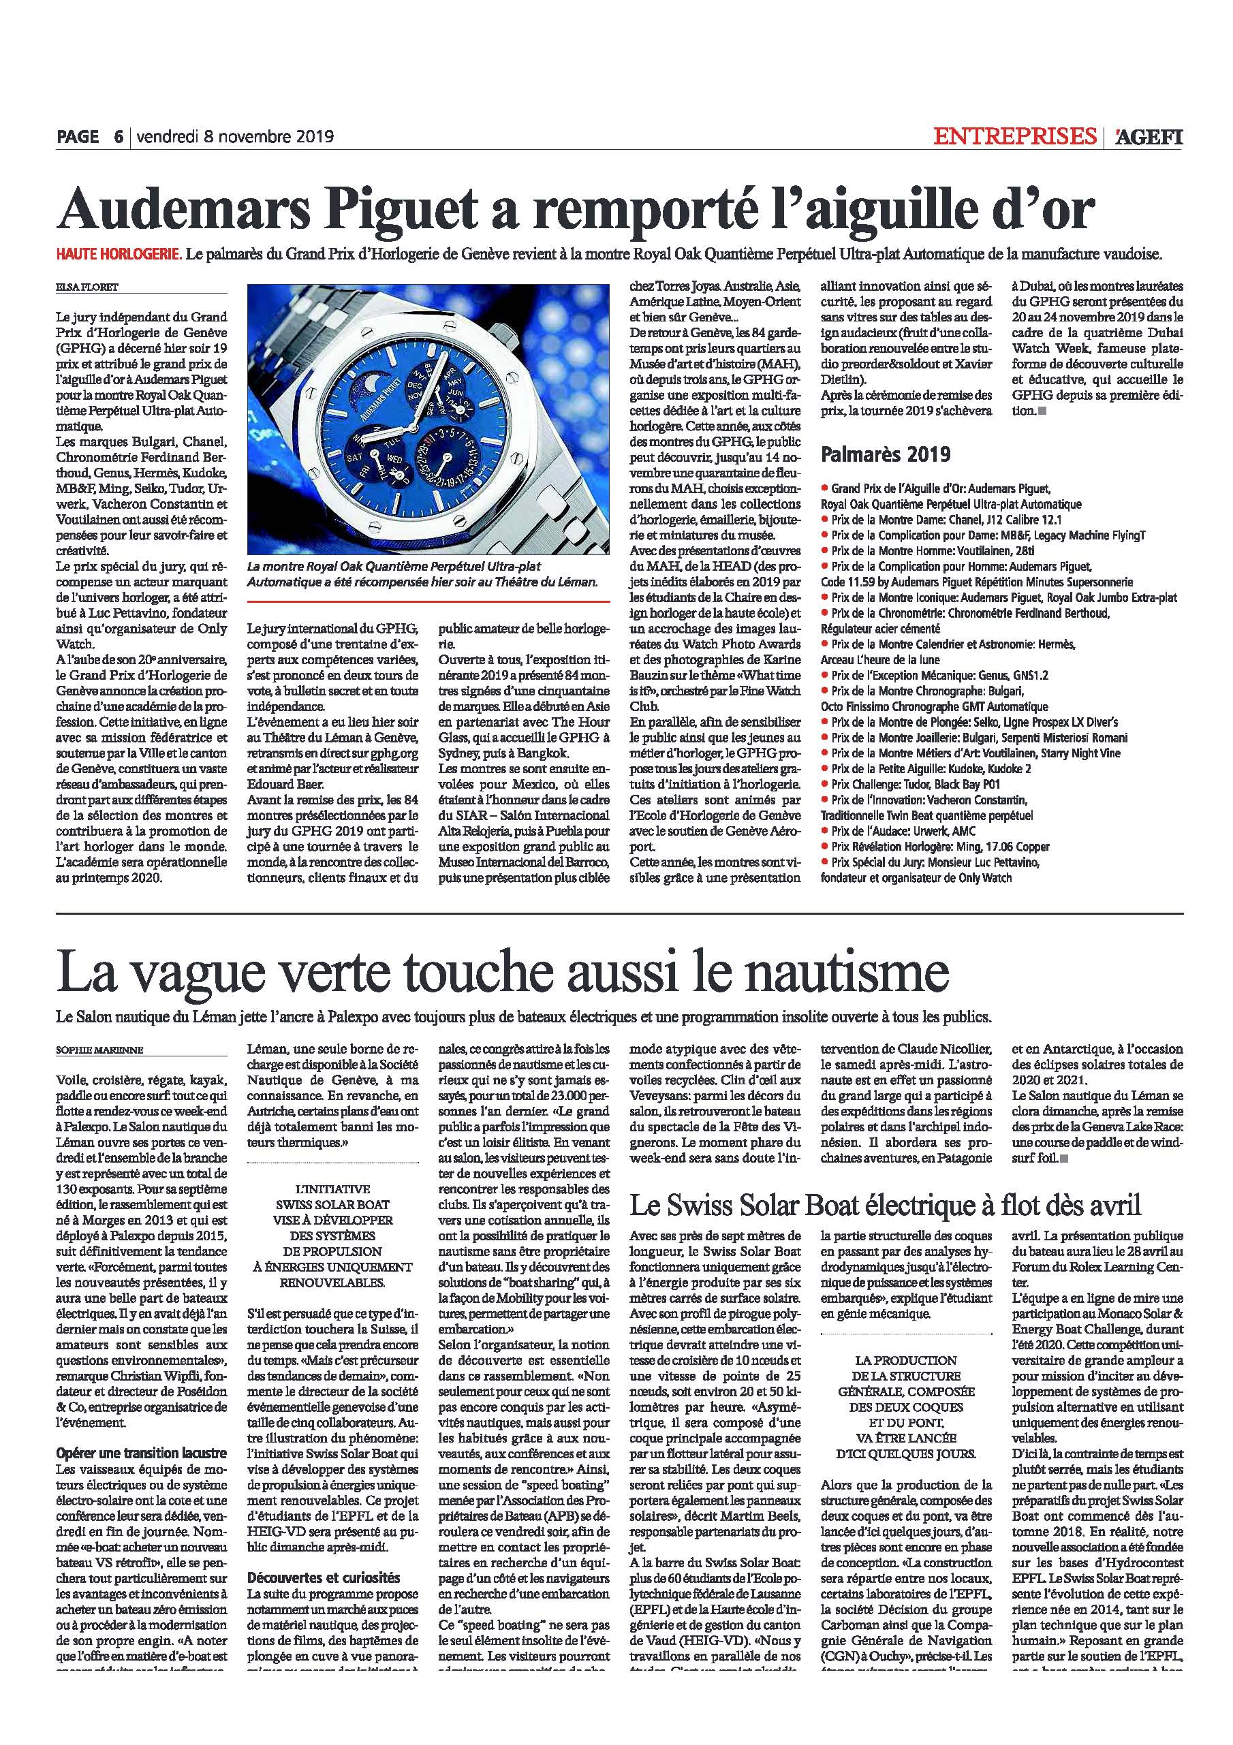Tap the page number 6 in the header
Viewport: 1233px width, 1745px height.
[119, 138]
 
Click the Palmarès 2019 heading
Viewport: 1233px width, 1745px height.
[885, 454]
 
